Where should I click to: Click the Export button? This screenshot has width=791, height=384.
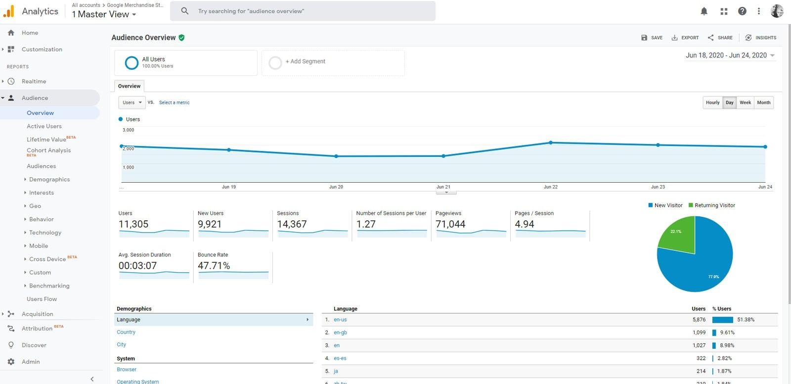pyautogui.click(x=685, y=38)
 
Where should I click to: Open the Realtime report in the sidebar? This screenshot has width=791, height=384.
pyautogui.click(x=34, y=81)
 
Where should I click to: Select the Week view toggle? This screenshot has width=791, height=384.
pyautogui.click(x=745, y=102)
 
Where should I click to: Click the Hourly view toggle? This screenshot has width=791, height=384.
pyautogui.click(x=712, y=102)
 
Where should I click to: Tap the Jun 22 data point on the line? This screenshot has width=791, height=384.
pyautogui.click(x=551, y=143)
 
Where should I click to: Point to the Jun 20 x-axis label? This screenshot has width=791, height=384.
pyautogui.click(x=336, y=187)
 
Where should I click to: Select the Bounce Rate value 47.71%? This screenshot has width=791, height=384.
pyautogui.click(x=214, y=266)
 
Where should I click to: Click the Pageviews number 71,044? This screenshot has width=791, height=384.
pyautogui.click(x=450, y=224)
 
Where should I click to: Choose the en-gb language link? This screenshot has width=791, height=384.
pyautogui.click(x=340, y=333)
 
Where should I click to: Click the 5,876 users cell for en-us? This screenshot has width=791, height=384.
pyautogui.click(x=699, y=320)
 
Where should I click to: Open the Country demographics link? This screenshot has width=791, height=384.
pyautogui.click(x=126, y=332)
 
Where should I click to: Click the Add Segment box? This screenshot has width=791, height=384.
pyautogui.click(x=333, y=62)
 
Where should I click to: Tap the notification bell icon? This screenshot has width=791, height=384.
pyautogui.click(x=704, y=11)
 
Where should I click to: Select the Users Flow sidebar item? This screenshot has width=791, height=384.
pyautogui.click(x=42, y=299)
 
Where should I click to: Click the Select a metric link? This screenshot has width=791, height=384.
pyautogui.click(x=174, y=102)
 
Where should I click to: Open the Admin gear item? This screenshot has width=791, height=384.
pyautogui.click(x=30, y=362)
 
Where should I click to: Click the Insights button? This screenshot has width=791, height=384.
pyautogui.click(x=761, y=38)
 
